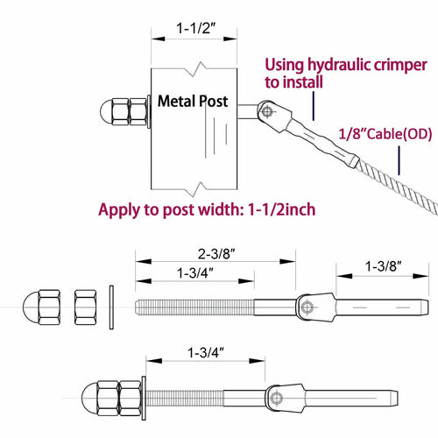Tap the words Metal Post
coord(193,102)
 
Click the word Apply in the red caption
coord(118,209)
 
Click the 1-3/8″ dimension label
coord(384,265)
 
